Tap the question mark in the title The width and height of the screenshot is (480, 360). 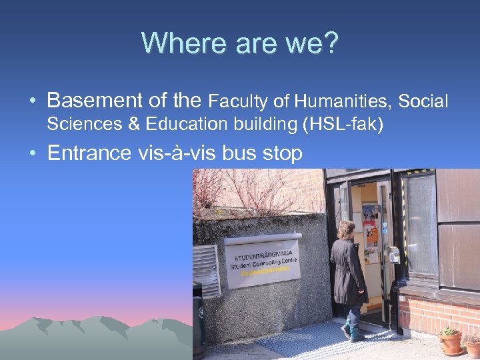(x=331, y=43)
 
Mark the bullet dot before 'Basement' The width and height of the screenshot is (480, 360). (x=32, y=102)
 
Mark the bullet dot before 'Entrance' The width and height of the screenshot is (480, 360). (x=32, y=154)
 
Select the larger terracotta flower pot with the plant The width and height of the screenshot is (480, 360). (x=450, y=342)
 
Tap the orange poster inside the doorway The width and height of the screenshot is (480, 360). (x=371, y=233)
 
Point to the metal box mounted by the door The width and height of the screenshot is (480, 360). (x=393, y=255)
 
